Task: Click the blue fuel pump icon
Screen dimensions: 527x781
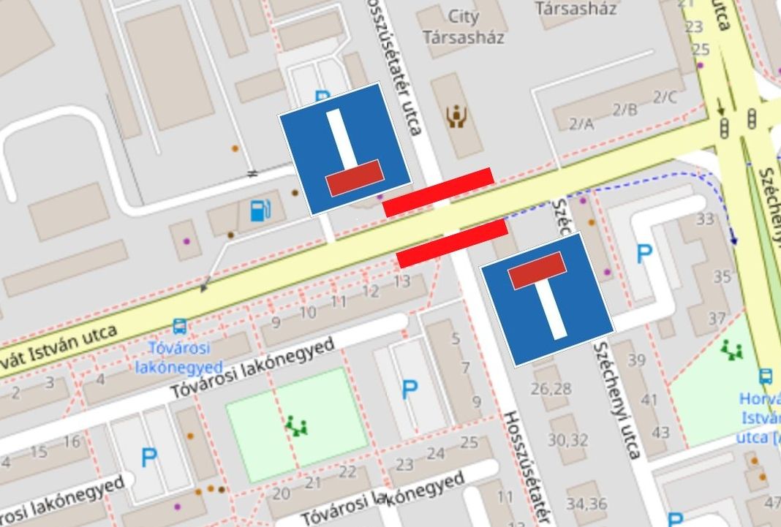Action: tap(258, 211)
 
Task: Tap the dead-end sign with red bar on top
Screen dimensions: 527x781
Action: tap(546, 299)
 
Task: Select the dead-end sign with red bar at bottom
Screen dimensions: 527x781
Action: tap(344, 149)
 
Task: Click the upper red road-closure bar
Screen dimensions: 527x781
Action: tap(439, 192)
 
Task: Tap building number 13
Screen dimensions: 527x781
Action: tap(401, 281)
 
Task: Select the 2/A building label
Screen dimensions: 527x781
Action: tap(581, 124)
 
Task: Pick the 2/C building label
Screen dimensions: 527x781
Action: tap(665, 96)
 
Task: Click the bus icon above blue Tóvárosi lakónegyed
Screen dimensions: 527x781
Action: tap(179, 326)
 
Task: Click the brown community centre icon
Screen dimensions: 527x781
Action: tap(457, 115)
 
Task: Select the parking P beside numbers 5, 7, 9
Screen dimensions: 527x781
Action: tap(410, 389)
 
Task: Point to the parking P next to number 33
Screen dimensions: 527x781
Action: tap(644, 254)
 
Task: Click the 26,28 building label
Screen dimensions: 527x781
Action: tap(551, 388)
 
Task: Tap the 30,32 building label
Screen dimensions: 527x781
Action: tap(567, 440)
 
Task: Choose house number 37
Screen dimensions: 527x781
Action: tap(717, 319)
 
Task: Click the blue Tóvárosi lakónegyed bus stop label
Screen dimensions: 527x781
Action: tap(179, 356)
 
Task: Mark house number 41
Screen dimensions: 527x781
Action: tap(649, 400)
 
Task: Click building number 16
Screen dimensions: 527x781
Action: tap(71, 441)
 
